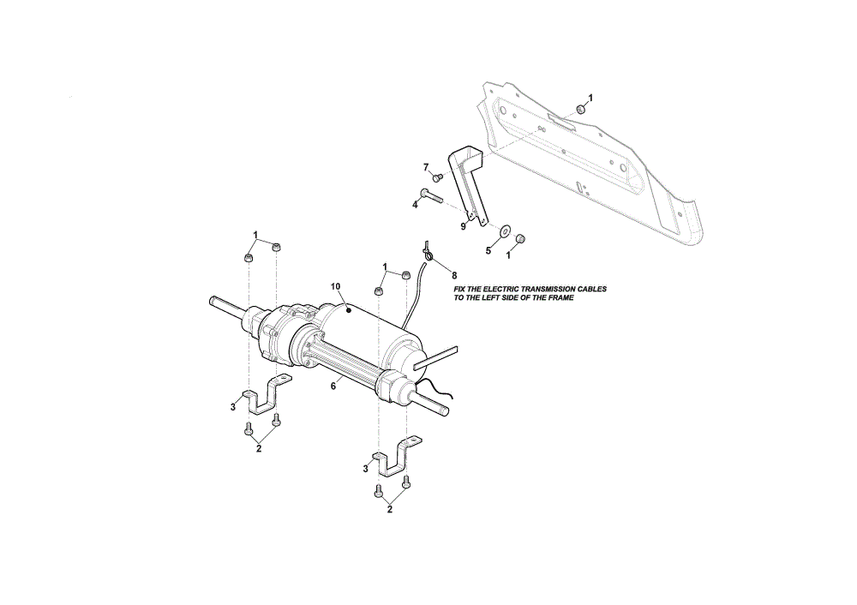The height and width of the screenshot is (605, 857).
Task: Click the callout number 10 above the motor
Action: (336, 286)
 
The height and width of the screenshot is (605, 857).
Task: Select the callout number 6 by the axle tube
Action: (333, 386)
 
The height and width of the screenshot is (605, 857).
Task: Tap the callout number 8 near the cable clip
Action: (453, 276)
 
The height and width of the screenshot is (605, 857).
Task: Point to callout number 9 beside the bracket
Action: (463, 226)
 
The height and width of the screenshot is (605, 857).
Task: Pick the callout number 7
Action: (426, 167)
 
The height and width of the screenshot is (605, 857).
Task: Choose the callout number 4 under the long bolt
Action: (415, 205)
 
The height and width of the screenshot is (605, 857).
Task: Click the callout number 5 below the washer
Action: (488, 251)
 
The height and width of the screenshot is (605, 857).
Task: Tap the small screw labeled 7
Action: (437, 177)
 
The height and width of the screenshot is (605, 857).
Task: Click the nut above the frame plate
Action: (582, 109)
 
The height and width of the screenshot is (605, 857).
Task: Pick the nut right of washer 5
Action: (520, 238)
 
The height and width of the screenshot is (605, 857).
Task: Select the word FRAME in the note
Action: (560, 298)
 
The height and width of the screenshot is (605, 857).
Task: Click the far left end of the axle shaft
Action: (211, 300)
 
